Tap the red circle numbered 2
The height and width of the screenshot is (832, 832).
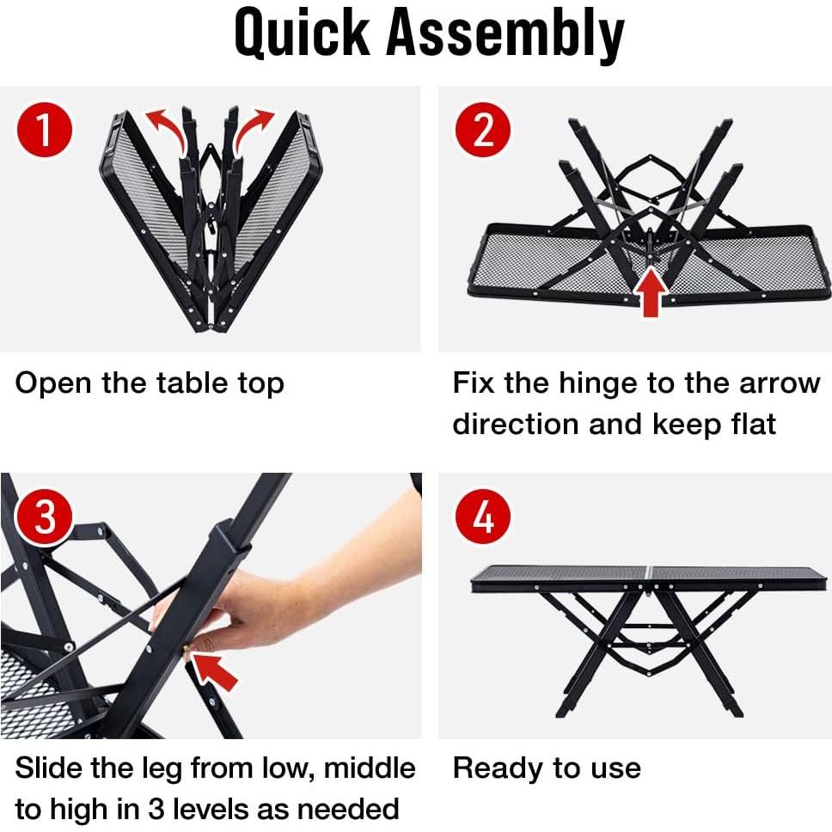484,132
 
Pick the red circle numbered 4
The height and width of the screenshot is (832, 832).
484,518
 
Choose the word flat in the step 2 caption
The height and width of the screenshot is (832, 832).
747,424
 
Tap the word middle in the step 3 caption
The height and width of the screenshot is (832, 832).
361,768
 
